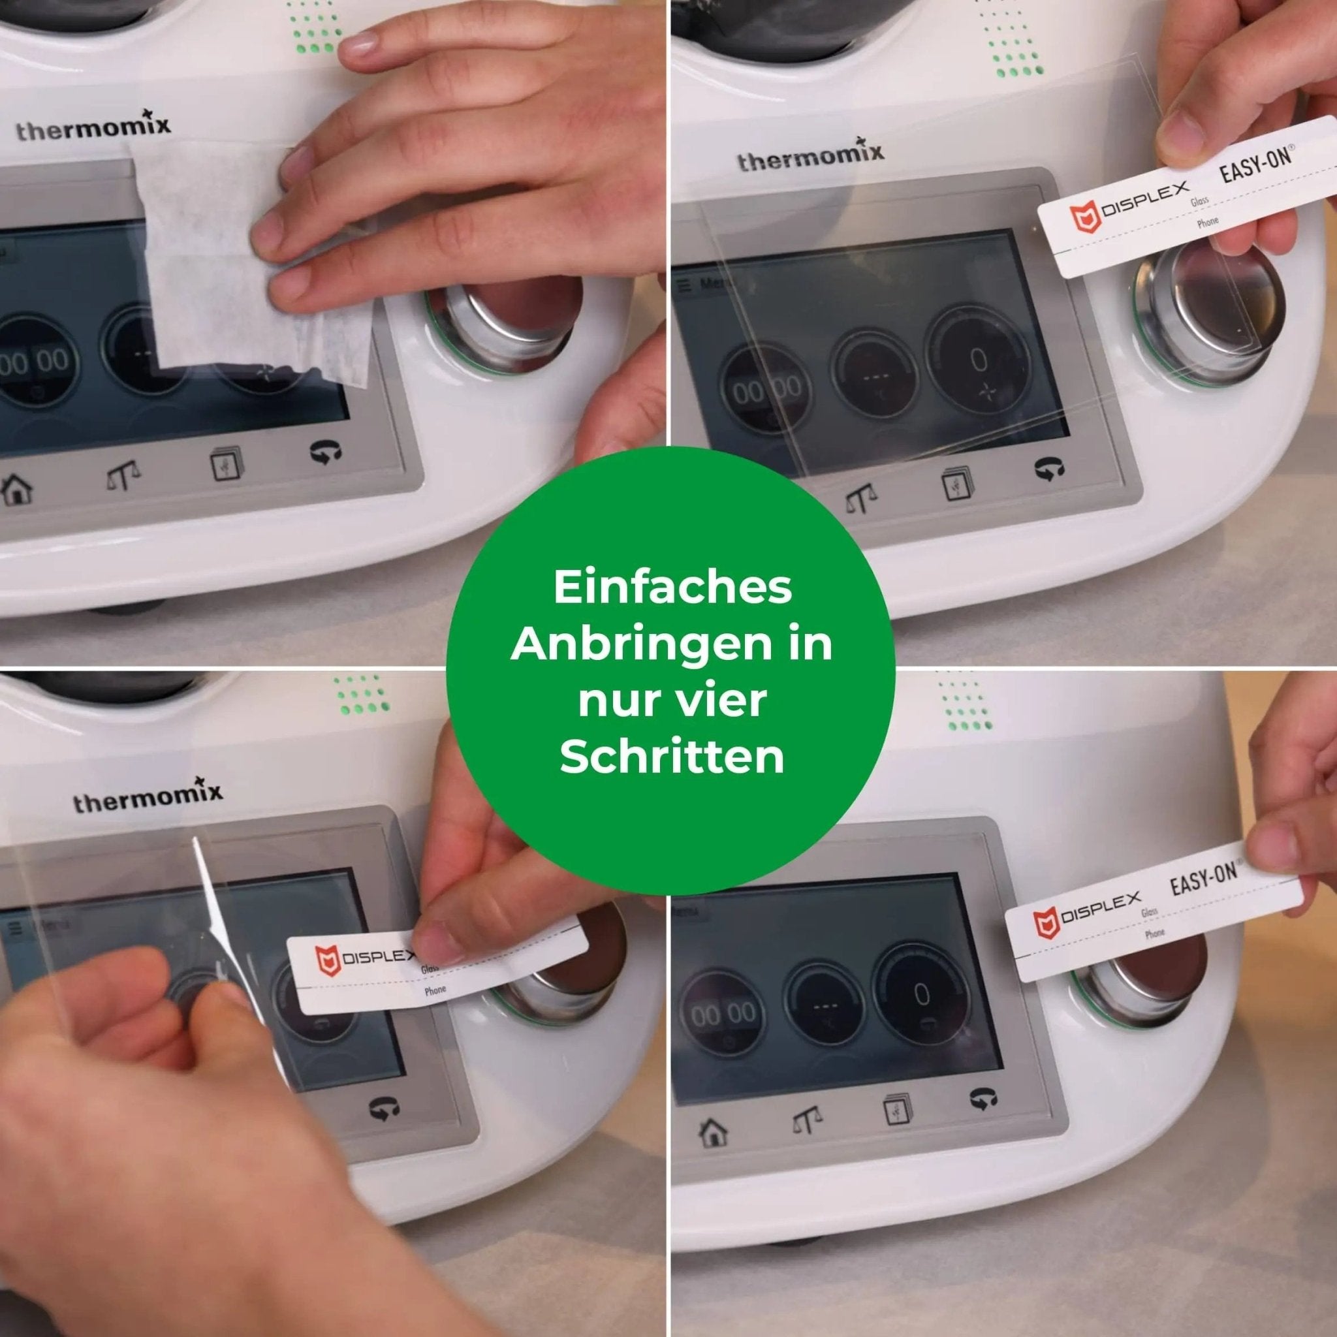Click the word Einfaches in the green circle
pyautogui.click(x=672, y=588)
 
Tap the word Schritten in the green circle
pyautogui.click(x=672, y=758)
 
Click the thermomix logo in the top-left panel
pyautogui.click(x=93, y=127)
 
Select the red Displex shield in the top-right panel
pyautogui.click(x=1084, y=217)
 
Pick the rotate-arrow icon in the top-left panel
pyautogui.click(x=326, y=452)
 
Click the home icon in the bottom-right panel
pyautogui.click(x=713, y=1133)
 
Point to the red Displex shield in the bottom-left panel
pyautogui.click(x=328, y=961)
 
